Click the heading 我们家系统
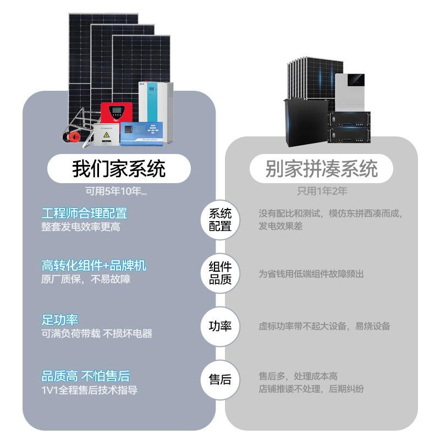(119, 169)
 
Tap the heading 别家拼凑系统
(322, 169)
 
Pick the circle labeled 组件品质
(220, 273)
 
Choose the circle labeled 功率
(220, 326)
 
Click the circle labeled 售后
(220, 380)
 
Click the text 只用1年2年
(322, 191)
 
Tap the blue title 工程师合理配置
(84, 213)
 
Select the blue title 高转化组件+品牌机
(94, 266)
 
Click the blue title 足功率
(60, 320)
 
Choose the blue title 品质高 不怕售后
(86, 377)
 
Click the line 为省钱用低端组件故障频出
(311, 274)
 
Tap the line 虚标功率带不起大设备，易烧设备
(324, 326)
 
